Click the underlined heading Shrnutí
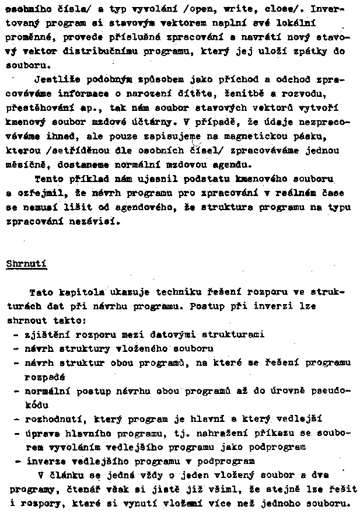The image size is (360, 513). point(26,263)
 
